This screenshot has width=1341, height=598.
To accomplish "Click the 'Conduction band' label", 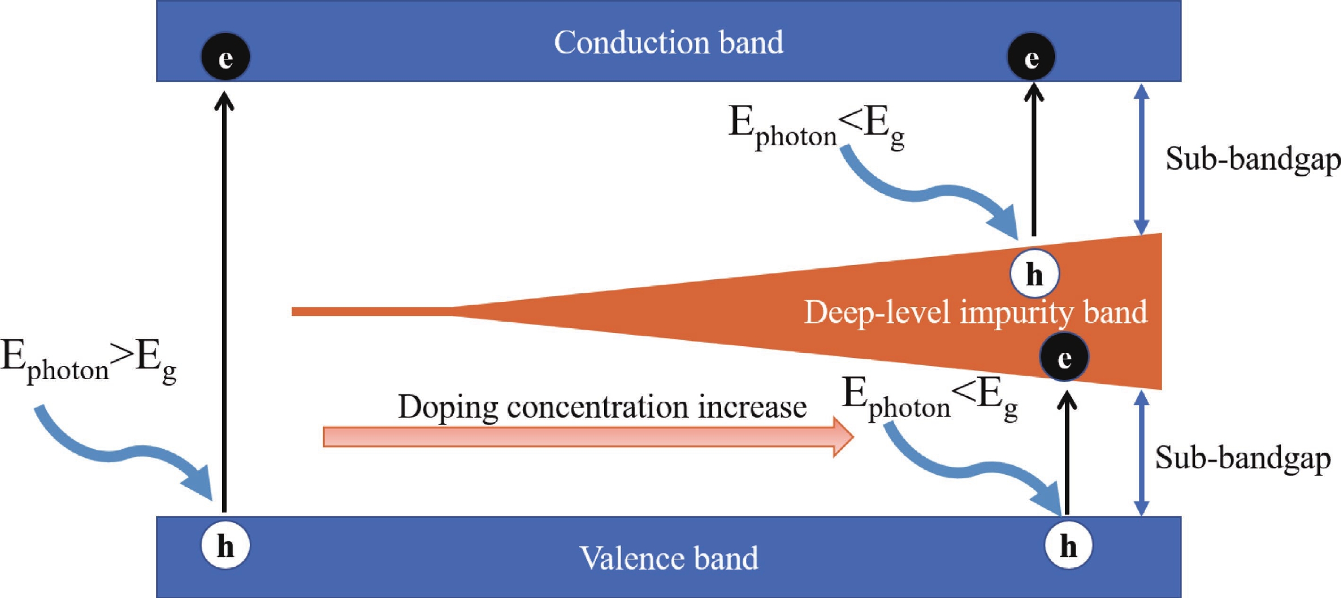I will pos(668,43).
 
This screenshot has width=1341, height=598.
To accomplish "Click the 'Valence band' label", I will pos(668,558).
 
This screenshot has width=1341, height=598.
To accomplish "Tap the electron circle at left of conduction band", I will pos(225,57).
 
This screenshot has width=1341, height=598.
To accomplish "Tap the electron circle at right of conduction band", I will pos(1031,57).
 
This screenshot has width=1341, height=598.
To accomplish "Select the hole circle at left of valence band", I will pos(225,546).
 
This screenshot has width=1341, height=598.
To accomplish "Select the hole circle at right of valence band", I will pos(1068,546).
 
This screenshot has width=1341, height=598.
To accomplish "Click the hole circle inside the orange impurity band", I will pos(1034,273).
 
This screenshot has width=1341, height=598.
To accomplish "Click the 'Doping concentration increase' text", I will pos(602,407).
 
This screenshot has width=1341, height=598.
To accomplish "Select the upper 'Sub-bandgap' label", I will pos(1252,159).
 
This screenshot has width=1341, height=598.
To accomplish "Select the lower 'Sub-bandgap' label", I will pos(1242,458).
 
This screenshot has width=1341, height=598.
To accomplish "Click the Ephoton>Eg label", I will pos(88,361).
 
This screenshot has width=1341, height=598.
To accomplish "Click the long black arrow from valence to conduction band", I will pos(224,306).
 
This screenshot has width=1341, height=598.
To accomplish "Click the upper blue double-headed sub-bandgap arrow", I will pos(1141,159).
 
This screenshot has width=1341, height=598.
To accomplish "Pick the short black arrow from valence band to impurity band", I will pos(1067,454).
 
